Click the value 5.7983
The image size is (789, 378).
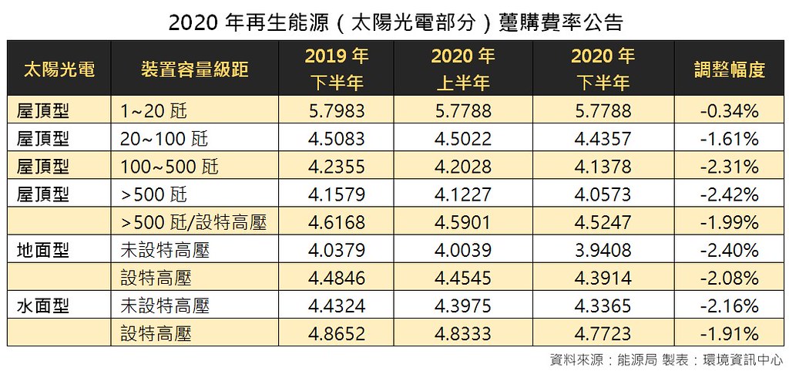click(336, 110)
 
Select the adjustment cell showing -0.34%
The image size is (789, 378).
click(729, 110)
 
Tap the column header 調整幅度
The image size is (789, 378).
click(730, 69)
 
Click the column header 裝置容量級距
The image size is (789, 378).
click(195, 69)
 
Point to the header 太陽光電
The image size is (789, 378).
click(59, 69)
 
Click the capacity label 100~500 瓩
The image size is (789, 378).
click(169, 167)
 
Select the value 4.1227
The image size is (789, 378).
click(463, 194)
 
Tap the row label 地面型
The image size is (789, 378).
click(43, 250)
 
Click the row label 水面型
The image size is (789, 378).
click(43, 305)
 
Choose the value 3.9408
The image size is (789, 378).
click(603, 250)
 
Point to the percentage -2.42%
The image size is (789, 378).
click(729, 194)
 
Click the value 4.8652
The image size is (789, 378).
click(336, 333)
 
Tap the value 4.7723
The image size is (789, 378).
click(603, 333)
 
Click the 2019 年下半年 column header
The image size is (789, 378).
click(336, 69)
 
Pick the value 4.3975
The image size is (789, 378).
click(463, 305)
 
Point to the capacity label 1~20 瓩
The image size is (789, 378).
click(153, 110)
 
